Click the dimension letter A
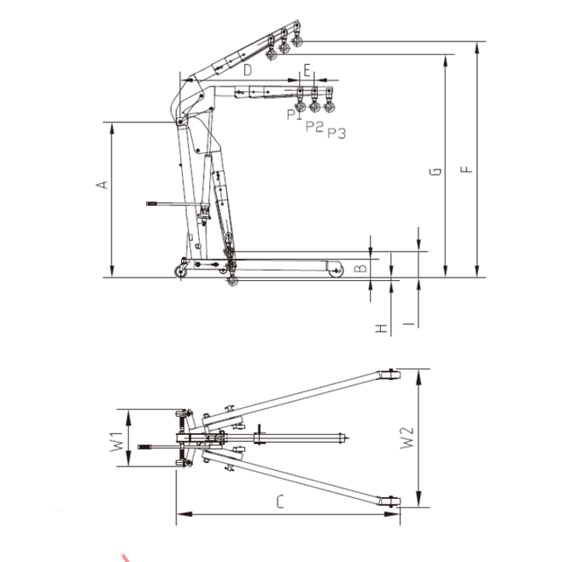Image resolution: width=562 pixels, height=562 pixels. [x=102, y=185]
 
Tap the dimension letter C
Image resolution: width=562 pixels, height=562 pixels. [x=279, y=502]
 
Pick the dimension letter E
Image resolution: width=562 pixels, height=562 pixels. [x=306, y=68]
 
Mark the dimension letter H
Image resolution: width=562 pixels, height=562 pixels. [x=381, y=328]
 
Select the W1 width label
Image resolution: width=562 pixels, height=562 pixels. [x=116, y=439]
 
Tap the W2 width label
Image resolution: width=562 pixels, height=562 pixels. [x=407, y=438]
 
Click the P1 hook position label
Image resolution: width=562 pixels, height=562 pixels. [x=294, y=113]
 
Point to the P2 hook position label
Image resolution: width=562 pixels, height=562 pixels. [x=314, y=126]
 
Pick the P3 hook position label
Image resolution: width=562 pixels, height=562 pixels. [x=336, y=133]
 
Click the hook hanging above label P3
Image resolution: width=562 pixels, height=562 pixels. [x=330, y=107]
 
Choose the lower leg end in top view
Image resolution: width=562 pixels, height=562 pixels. [x=391, y=502]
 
